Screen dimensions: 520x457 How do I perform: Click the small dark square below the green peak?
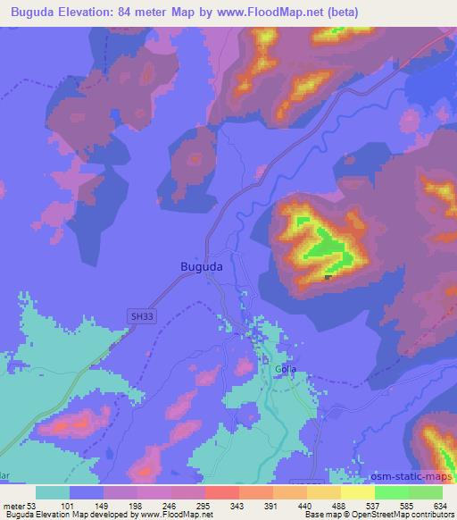click(328, 278)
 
